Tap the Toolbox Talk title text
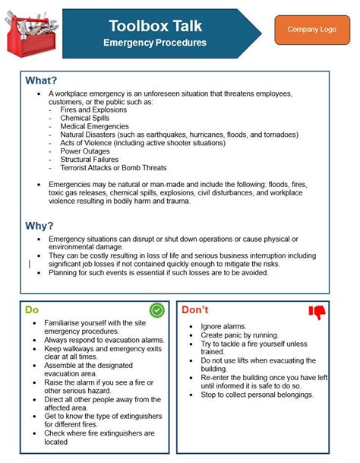154,25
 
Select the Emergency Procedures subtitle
154,43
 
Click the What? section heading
42,81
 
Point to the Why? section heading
39,225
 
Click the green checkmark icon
156,309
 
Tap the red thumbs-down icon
316,311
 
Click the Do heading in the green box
32,309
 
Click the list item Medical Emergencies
95,126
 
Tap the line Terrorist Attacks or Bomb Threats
113,168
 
